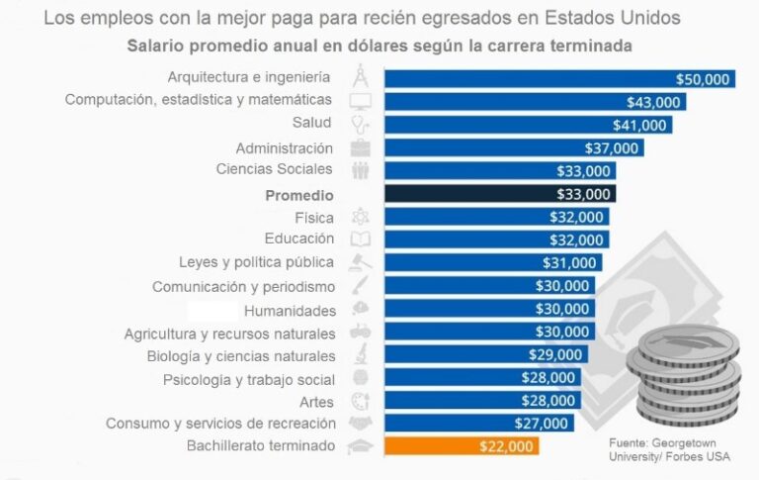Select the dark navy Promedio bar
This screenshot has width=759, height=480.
(499, 195)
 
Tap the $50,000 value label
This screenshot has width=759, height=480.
(703, 79)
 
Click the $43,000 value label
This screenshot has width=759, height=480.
(653, 102)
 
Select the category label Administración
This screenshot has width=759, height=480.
(285, 148)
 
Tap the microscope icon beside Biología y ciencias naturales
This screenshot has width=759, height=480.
(361, 355)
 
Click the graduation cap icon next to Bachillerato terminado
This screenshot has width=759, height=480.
(361, 446)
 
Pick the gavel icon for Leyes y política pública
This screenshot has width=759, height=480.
(361, 262)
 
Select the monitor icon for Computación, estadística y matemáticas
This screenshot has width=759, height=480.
(361, 101)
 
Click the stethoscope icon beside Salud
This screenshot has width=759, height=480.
(361, 125)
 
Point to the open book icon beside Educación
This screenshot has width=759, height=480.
(361, 240)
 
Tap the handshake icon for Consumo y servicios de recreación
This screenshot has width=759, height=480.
(361, 424)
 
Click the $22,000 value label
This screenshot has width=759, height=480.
(507, 446)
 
